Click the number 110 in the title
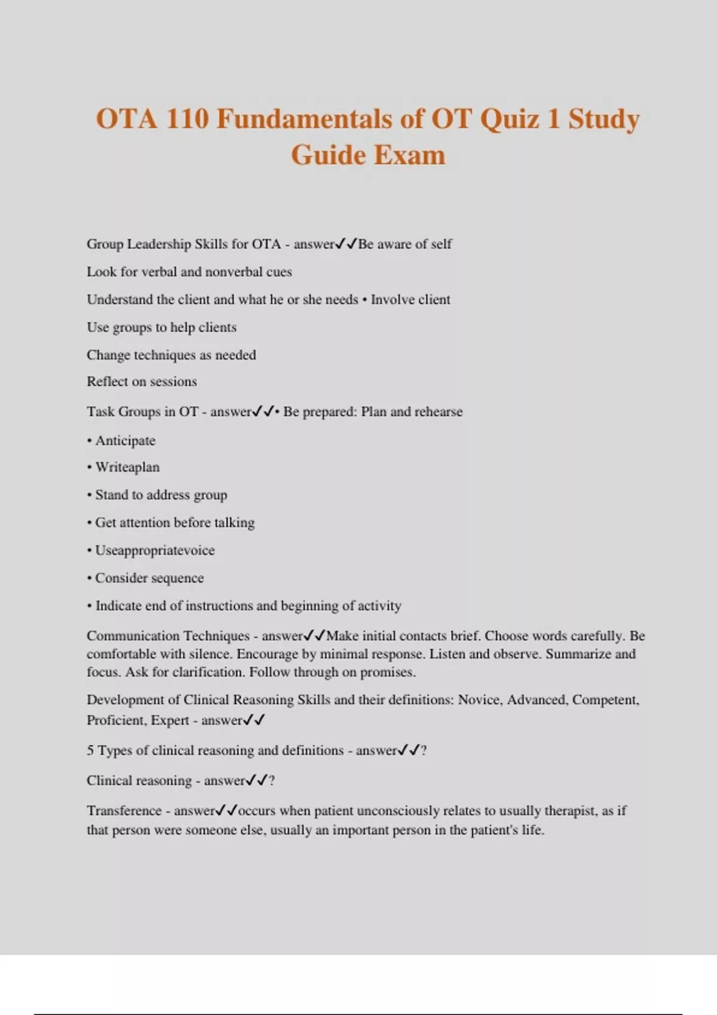[188, 118]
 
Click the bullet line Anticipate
[125, 441]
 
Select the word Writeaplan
[127, 467]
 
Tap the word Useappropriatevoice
[155, 550]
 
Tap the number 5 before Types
[90, 751]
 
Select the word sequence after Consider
[179, 578]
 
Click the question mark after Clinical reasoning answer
[272, 780]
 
